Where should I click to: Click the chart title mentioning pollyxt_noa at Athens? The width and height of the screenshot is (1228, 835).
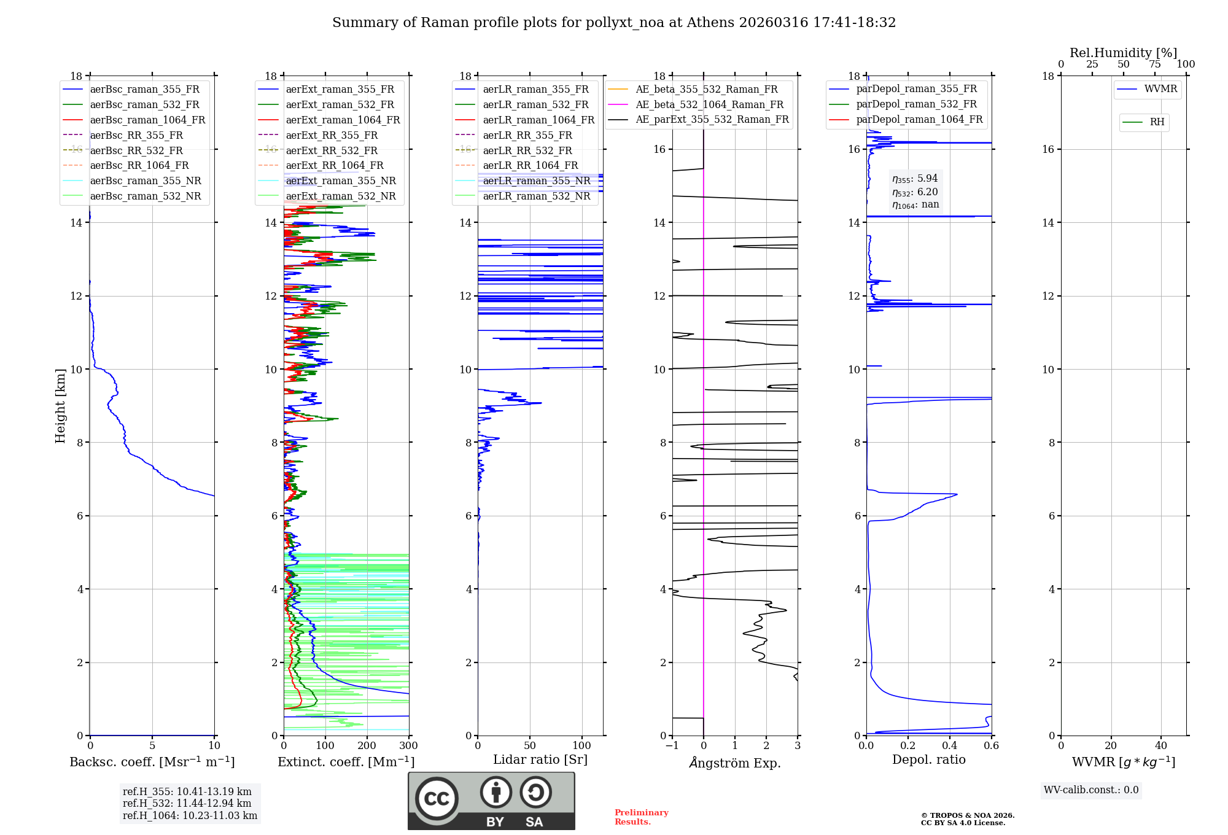tap(614, 23)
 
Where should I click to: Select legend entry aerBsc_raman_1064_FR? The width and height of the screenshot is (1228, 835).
tap(147, 120)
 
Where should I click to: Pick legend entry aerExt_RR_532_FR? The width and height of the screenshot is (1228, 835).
tap(332, 150)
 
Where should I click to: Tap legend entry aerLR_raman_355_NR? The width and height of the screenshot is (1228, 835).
tap(536, 181)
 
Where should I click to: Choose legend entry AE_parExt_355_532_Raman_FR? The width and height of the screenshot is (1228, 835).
tap(712, 119)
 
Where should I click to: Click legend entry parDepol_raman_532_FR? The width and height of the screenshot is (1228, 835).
tap(916, 104)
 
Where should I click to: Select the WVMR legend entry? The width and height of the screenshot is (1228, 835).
tap(1160, 89)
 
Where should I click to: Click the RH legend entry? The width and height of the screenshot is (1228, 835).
tap(1157, 122)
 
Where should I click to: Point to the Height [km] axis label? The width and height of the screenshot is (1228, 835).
tap(60, 405)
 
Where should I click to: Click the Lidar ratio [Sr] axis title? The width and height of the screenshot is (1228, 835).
tap(540, 759)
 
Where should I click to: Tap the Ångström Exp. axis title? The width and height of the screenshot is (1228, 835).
tap(735, 763)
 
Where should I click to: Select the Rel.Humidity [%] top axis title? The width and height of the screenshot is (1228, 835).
tap(1123, 53)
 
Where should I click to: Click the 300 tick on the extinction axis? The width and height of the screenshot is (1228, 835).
tap(408, 745)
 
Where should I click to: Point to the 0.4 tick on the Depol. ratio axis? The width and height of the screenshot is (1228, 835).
tap(950, 745)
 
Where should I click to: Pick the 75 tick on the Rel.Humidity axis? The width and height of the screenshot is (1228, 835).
tap(1155, 64)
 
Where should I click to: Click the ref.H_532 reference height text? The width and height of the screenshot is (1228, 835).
tap(187, 803)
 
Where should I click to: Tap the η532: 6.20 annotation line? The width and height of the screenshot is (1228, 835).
tap(915, 192)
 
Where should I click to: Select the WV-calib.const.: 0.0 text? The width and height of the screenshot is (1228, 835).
tap(1091, 790)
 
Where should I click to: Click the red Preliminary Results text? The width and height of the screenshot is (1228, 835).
tap(641, 817)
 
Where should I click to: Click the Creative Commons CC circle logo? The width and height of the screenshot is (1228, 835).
tap(437, 798)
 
